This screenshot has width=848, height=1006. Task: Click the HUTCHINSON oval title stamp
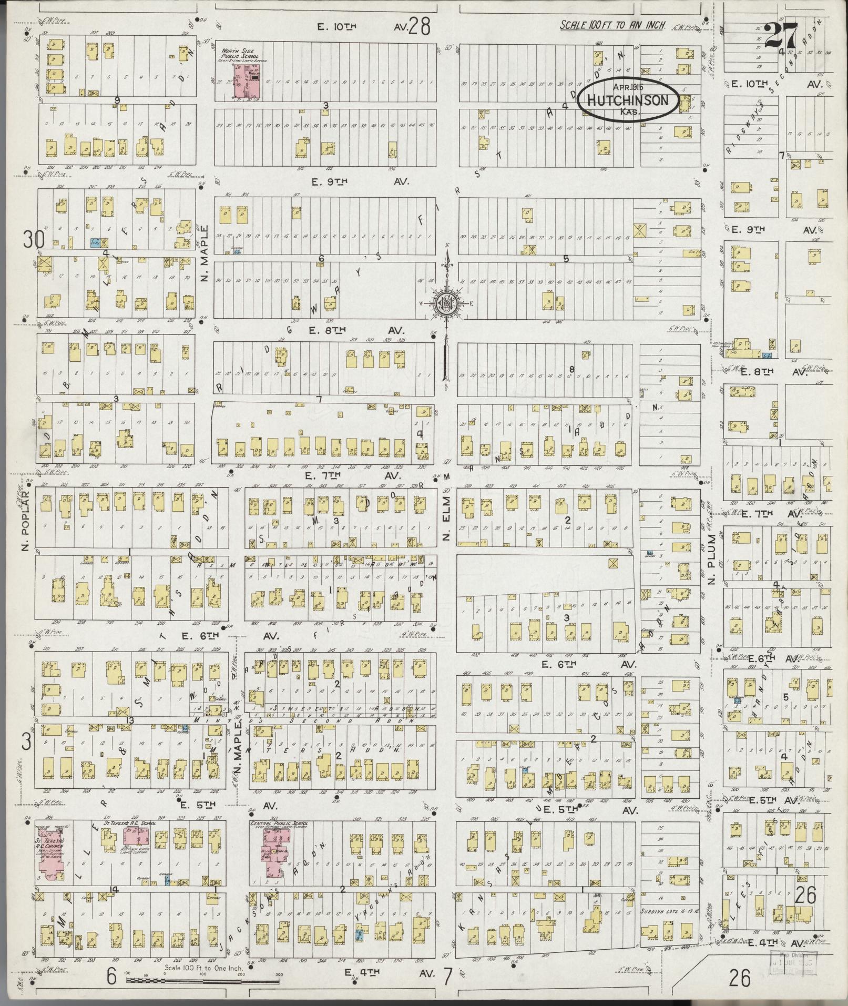pos(627,100)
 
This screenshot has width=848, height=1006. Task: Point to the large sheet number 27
pos(782,37)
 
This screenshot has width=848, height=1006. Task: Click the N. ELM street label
pos(446,523)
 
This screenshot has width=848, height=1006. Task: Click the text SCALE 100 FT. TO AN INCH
pos(612,25)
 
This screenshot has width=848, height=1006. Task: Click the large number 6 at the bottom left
pos(111,977)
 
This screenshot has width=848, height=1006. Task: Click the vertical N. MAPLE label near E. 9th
pos(206,253)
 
